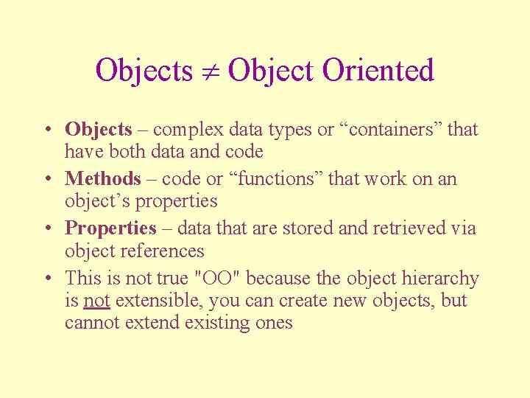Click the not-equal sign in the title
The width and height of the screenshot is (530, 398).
[x=210, y=71]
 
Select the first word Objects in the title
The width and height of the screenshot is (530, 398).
[x=144, y=71]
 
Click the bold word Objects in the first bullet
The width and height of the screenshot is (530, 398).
[x=98, y=130]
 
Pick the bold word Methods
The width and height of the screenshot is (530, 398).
[x=102, y=178]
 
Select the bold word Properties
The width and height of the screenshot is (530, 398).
[x=110, y=228]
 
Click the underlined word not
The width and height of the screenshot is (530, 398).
[x=96, y=301]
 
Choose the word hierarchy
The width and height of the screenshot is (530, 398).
[x=440, y=279]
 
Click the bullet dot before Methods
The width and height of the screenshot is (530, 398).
[x=46, y=179]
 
